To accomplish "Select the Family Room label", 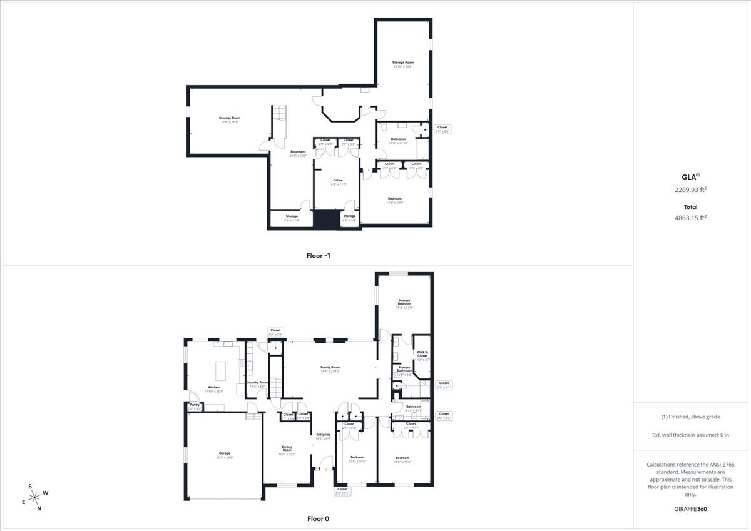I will (330, 369).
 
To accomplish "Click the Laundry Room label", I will (257, 384).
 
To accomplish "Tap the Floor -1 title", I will (317, 255).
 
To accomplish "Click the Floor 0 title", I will (317, 518).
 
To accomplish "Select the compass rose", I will (36, 497).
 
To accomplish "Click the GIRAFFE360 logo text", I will (690, 509).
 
